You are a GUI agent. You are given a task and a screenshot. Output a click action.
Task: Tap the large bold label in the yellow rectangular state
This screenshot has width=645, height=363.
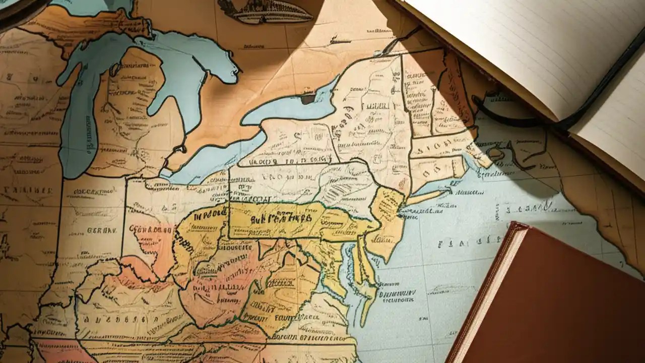(275, 219)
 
